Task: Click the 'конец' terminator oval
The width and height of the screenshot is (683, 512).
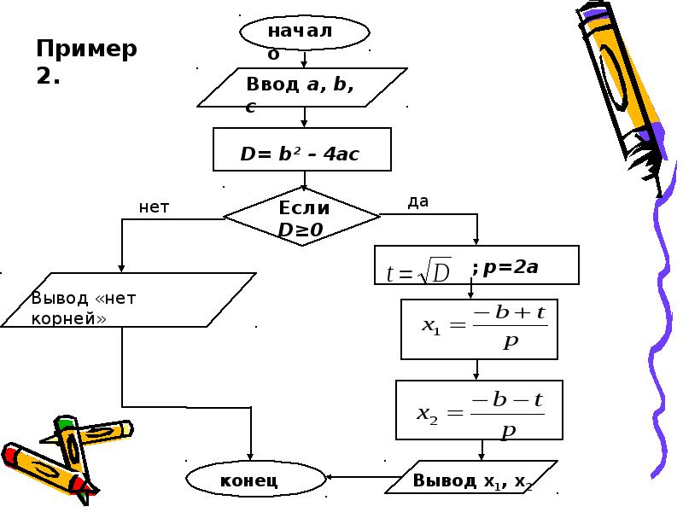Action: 256,478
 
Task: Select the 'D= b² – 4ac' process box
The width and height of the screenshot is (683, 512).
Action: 302,149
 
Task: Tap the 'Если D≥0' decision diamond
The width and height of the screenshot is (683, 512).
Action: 301,217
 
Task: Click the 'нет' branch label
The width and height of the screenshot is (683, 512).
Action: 154,207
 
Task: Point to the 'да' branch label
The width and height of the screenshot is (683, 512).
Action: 418,201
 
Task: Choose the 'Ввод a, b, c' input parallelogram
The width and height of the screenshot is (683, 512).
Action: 302,87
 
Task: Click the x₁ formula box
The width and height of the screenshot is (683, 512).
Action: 479,329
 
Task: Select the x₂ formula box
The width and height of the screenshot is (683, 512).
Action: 479,410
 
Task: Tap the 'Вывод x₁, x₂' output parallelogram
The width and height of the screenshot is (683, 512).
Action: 471,477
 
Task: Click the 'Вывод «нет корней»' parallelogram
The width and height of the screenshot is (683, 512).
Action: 128,300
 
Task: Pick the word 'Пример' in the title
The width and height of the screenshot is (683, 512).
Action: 86,49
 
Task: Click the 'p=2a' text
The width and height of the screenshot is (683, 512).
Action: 511,266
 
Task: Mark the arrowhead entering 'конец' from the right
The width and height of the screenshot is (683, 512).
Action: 330,477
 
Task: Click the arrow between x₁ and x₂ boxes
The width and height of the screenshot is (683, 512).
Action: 476,369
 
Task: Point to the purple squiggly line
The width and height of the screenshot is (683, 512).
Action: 660,331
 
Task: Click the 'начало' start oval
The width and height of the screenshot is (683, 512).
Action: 305,32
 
